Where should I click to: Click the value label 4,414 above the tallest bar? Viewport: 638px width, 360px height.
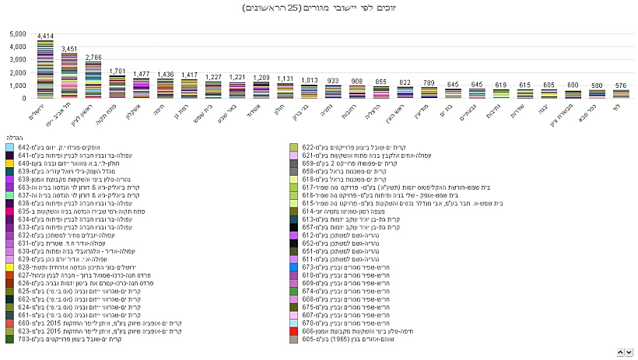45,36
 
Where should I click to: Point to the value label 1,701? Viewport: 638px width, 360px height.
117,71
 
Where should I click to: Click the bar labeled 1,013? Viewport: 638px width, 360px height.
310,92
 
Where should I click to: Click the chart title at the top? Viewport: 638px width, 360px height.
319,9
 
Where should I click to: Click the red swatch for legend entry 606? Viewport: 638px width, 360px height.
293,330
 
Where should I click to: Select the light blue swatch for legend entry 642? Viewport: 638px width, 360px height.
9,147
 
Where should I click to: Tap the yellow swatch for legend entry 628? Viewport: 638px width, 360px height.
9,267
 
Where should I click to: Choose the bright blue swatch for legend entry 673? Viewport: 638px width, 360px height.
293,267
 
